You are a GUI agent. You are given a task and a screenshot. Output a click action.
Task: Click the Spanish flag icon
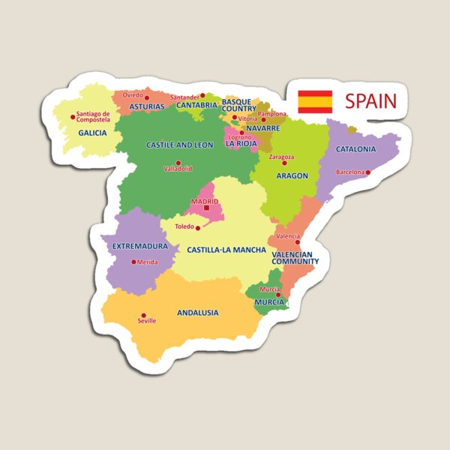click(315, 101)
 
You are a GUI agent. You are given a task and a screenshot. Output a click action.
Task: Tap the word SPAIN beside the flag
click(370, 101)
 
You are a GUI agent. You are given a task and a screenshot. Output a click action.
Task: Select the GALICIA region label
click(92, 133)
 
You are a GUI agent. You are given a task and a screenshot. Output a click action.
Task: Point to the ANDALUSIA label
click(197, 313)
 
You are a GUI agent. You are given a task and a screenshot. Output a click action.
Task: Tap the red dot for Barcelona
click(368, 172)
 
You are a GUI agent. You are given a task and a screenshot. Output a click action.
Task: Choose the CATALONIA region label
click(355, 149)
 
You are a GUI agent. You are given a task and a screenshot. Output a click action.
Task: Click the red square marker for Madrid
click(206, 208)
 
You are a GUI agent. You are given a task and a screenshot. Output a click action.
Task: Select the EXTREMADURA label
click(139, 246)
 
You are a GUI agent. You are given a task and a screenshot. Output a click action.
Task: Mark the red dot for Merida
click(133, 262)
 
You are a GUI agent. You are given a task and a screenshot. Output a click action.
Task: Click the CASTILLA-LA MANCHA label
click(218, 249)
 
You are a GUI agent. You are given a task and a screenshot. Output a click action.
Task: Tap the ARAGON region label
click(292, 175)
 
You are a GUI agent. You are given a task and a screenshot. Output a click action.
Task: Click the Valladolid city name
click(178, 169)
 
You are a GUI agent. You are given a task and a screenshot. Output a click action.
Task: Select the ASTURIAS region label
click(146, 106)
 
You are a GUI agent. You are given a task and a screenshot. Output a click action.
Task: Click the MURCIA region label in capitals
click(269, 302)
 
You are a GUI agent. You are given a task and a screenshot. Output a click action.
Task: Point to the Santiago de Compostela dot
click(73, 116)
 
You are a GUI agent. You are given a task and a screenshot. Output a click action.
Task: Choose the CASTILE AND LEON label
click(179, 145)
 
